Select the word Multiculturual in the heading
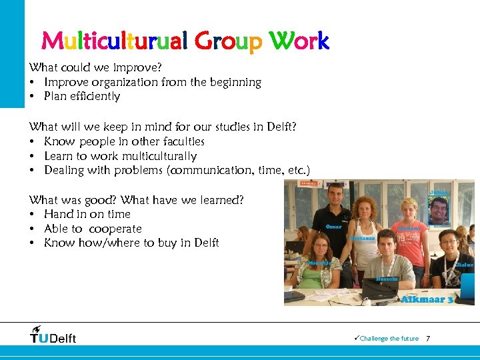coord(115,41)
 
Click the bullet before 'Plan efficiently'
coord(32,97)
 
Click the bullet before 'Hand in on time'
coord(32,215)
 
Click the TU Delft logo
coord(53,335)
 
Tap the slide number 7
coord(428,339)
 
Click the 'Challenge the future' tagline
coord(389,339)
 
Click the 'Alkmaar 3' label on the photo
coord(427,299)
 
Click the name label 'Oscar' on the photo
coord(333,227)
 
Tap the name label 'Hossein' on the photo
coord(387,279)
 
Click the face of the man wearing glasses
coord(448,241)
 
